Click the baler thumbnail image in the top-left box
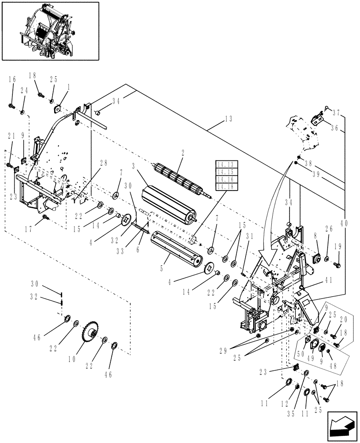[x=50, y=31]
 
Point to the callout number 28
[x=103, y=163]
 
